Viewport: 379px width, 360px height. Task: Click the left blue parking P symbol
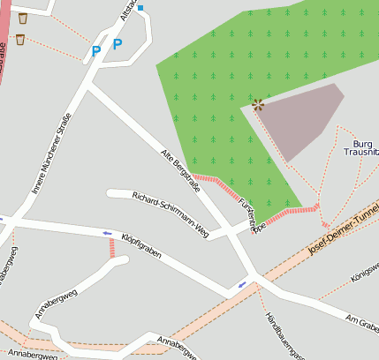[x=96, y=51]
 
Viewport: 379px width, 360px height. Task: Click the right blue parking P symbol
[x=117, y=44]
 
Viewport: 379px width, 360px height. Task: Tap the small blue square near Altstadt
[x=140, y=8]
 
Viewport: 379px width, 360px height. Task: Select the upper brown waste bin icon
[x=22, y=18]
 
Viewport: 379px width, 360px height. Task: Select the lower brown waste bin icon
[x=19, y=39]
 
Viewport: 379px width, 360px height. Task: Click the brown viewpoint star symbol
[x=257, y=104]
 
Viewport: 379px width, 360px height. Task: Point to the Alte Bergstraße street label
[x=180, y=170]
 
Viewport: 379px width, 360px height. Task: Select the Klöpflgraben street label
[x=141, y=244]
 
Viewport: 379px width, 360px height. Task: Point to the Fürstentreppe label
[x=252, y=215]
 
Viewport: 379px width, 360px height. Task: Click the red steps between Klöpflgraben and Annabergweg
[x=112, y=248]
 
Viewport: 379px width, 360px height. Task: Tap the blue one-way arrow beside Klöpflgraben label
[x=108, y=234]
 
